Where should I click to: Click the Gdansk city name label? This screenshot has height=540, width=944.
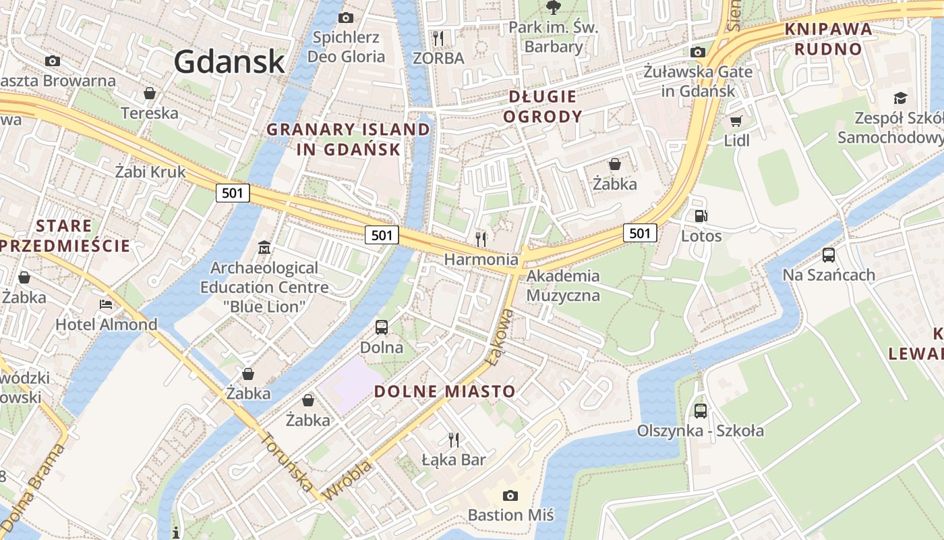[229, 61]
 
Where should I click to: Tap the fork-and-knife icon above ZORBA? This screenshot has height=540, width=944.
[438, 37]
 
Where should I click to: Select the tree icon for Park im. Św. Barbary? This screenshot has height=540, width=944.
[554, 7]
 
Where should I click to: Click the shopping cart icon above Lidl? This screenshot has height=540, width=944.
[736, 121]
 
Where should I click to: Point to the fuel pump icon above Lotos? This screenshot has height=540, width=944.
[701, 216]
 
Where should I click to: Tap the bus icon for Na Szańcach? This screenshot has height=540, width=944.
[829, 255]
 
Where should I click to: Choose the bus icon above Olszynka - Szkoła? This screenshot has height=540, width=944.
[701, 410]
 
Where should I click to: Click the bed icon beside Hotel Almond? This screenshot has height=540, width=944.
[106, 304]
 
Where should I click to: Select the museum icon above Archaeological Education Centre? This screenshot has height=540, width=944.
[264, 248]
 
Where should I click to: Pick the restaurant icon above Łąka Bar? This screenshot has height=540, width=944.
[454, 440]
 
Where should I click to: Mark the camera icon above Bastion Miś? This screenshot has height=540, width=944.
[510, 495]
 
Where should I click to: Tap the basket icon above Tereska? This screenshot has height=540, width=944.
[150, 92]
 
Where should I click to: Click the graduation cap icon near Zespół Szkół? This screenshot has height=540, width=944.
[899, 99]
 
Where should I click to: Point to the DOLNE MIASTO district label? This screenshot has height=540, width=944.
[444, 391]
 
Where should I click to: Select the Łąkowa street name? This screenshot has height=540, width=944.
[498, 337]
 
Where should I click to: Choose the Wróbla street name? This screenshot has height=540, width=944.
[347, 481]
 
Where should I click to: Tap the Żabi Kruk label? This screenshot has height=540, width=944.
[150, 171]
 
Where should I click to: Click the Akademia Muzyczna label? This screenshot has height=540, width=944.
[562, 285]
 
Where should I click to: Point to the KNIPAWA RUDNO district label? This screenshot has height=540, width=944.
[828, 38]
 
